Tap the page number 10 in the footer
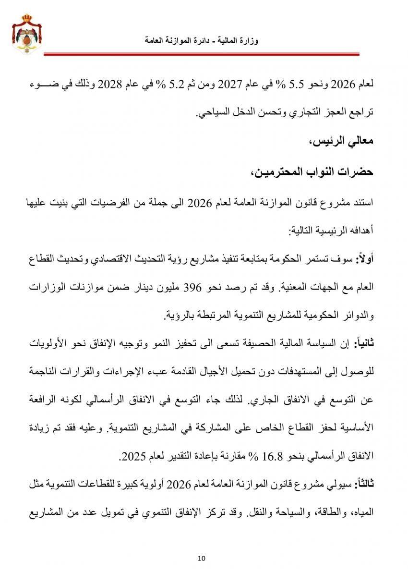tap(202, 558)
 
